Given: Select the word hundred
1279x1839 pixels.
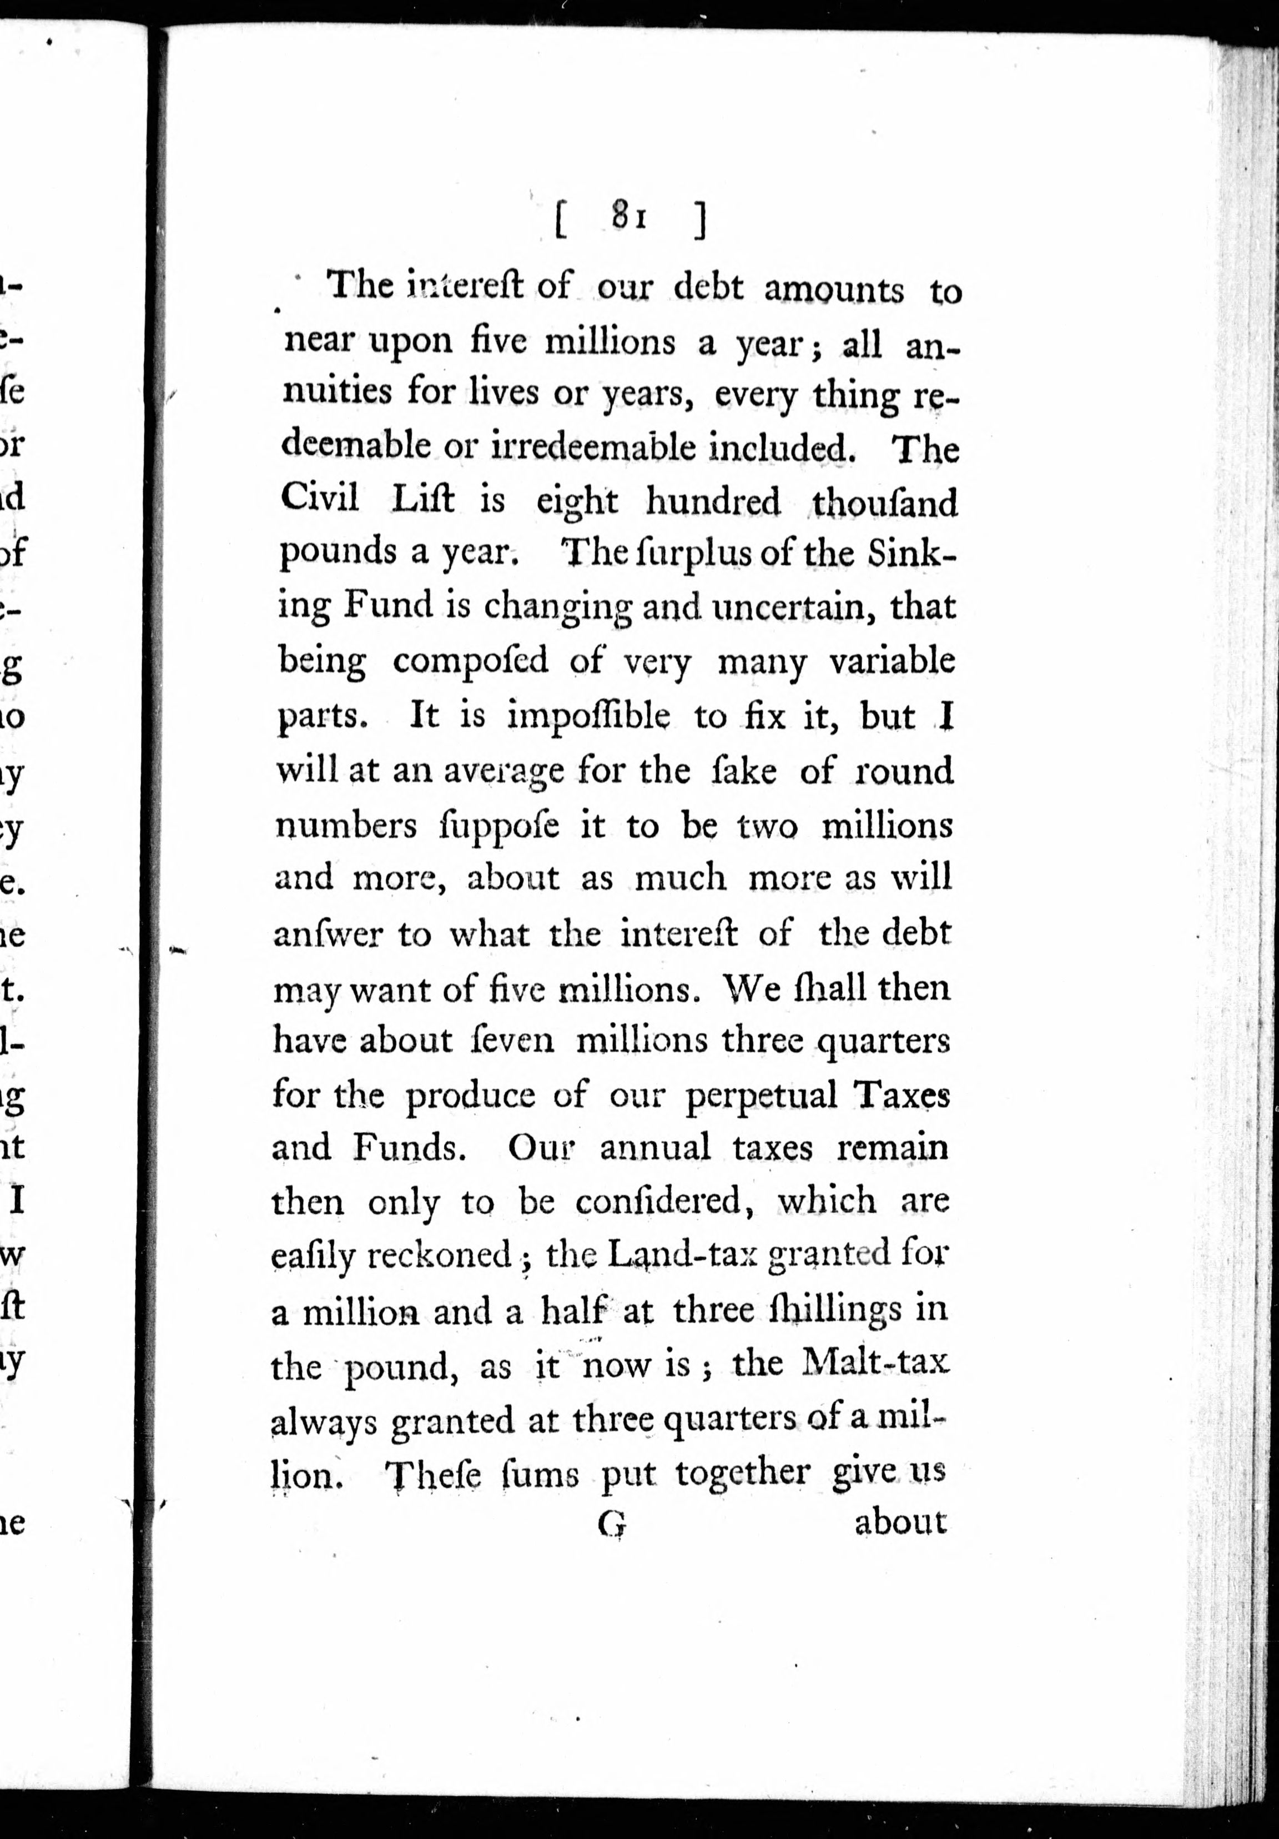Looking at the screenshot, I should (713, 502).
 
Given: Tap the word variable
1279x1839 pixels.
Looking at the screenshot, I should (892, 661).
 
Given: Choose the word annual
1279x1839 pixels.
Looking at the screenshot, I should (655, 1147).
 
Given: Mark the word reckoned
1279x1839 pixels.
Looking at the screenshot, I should (439, 1255).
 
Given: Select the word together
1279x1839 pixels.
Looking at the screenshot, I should (742, 1472).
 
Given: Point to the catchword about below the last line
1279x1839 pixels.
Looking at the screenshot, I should (900, 1523).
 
